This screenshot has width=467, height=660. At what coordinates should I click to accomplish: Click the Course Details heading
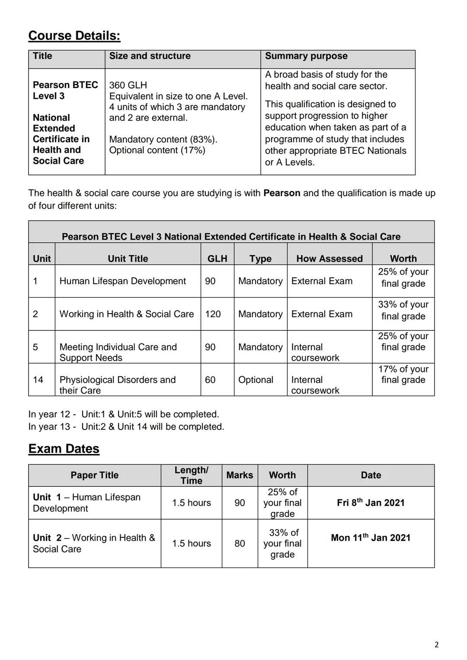[74, 36]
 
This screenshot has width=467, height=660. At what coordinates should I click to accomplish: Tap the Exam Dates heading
[64, 449]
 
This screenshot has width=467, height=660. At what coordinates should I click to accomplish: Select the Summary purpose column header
[306, 56]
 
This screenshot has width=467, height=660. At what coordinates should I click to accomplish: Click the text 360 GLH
[128, 85]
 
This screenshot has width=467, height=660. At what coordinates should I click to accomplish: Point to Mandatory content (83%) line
[163, 140]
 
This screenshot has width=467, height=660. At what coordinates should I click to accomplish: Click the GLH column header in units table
[217, 259]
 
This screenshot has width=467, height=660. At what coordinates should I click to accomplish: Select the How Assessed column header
[329, 259]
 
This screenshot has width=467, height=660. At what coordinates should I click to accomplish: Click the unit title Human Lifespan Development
[122, 281]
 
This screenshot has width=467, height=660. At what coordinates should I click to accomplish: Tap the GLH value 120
[213, 314]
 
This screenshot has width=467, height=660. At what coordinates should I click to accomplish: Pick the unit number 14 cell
[38, 380]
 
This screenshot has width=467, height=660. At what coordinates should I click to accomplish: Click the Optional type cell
[256, 380]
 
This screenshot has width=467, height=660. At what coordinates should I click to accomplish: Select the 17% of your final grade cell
[403, 374]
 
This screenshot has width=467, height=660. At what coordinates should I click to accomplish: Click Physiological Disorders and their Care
[117, 385]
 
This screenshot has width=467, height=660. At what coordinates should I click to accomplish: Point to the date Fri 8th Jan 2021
[371, 503]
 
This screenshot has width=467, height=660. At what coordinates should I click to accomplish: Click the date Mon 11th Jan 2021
[371, 538]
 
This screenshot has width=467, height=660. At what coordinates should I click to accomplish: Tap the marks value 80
[240, 543]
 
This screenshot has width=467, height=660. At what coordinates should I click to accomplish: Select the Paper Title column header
[94, 475]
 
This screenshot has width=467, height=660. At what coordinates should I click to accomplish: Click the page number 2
[436, 645]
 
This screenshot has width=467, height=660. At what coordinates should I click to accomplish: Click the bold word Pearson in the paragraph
[281, 193]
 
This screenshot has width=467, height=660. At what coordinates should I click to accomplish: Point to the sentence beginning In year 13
[126, 427]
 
